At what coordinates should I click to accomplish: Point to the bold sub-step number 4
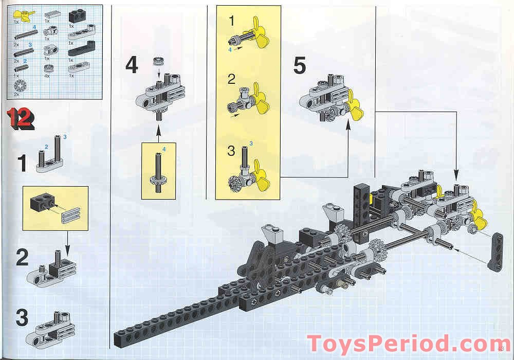[x=132, y=65]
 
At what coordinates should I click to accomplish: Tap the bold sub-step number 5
[x=300, y=66]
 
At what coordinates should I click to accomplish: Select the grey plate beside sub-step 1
[x=49, y=164]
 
